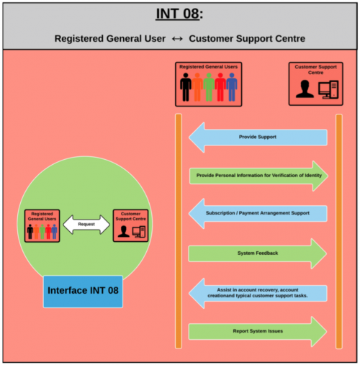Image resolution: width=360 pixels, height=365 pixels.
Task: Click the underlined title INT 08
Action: [177, 14]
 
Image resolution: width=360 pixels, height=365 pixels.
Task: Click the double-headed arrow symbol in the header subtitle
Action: [177, 39]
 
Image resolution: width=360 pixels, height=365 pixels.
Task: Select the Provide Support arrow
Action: [258, 138]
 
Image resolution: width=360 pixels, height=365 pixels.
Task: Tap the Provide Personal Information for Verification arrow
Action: [258, 176]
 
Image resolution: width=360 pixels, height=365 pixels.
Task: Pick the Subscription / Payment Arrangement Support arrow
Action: [258, 213]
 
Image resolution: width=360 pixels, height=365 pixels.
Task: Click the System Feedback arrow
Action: [258, 253]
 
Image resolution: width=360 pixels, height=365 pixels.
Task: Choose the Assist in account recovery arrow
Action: [258, 293]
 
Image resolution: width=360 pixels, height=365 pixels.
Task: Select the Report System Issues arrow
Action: [258, 331]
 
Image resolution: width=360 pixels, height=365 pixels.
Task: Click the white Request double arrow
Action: [86, 225]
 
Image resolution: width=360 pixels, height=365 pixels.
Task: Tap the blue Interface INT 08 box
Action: [83, 292]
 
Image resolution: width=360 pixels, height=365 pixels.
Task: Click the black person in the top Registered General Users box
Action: [186, 87]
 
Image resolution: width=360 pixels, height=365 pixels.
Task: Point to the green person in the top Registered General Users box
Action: [209, 87]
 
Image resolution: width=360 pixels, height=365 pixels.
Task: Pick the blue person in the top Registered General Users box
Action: [232, 87]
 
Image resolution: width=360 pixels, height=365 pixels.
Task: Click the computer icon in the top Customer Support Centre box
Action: [328, 89]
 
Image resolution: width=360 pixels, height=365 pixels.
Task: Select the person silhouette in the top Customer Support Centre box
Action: [305, 89]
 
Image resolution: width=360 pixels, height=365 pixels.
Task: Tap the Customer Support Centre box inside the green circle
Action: [131, 225]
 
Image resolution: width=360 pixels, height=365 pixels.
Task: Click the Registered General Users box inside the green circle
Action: [42, 225]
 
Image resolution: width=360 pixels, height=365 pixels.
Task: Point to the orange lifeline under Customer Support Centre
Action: [339, 231]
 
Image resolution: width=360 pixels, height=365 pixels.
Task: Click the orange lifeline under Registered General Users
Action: [179, 231]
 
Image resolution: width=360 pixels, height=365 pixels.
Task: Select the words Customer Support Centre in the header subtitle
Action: [247, 39]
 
